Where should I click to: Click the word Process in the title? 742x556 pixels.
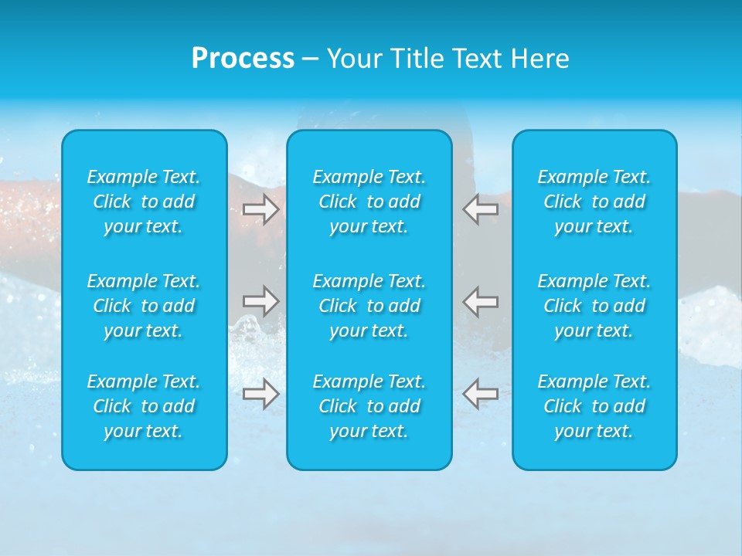click(243, 59)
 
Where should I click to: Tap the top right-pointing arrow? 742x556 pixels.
click(260, 209)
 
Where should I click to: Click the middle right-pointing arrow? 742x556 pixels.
click(260, 300)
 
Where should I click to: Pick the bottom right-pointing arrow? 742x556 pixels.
click(260, 393)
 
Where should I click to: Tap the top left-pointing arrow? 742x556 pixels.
click(480, 209)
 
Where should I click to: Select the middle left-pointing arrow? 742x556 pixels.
click(480, 300)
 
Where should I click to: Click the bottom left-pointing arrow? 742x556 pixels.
click(480, 393)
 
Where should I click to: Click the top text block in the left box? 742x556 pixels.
click(144, 202)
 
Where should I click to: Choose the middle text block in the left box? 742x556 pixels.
click(144, 306)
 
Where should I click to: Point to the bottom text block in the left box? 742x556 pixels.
click(144, 406)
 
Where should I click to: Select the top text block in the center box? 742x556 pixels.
click(369, 202)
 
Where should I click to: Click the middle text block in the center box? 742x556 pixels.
click(369, 306)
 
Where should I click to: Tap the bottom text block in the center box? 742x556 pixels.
click(369, 406)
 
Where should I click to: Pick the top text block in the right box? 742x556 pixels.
click(594, 202)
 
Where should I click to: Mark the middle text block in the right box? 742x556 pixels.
click(594, 306)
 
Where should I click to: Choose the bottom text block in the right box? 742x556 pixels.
click(594, 406)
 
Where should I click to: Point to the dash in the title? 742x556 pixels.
click(311, 59)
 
